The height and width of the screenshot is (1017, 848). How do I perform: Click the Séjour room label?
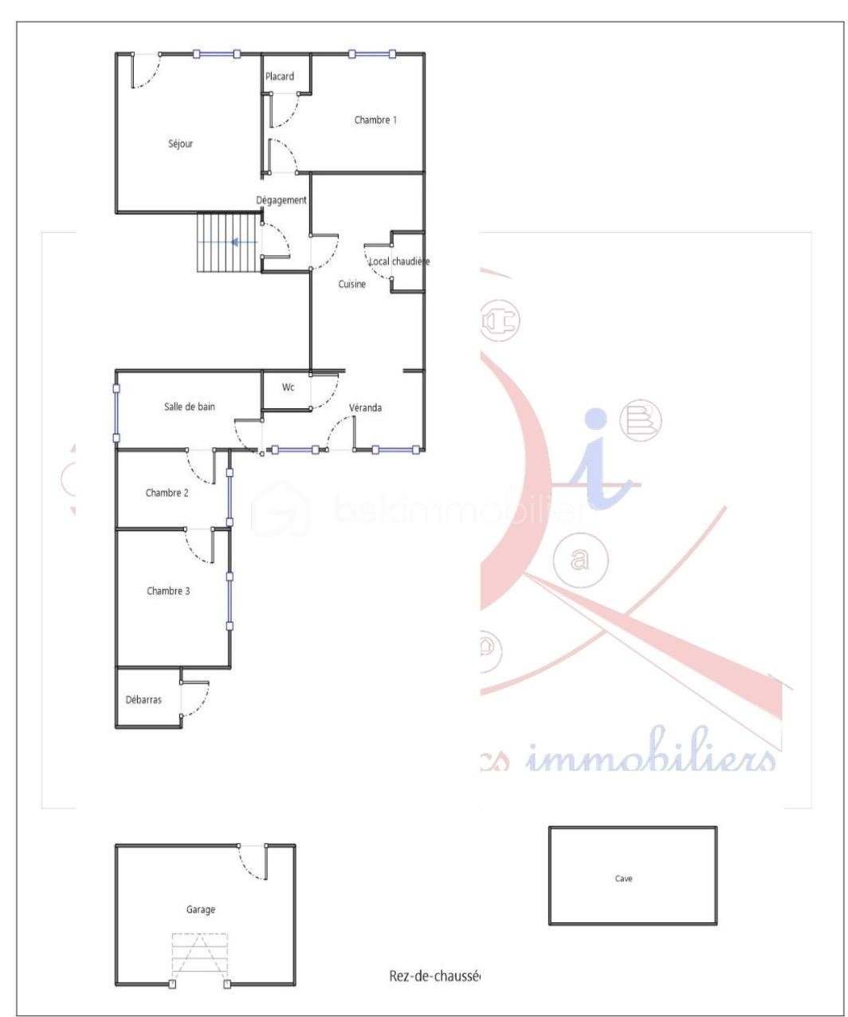coord(181,144)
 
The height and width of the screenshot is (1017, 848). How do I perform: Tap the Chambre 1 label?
coord(375,120)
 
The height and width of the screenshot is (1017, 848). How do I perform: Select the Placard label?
coord(280,77)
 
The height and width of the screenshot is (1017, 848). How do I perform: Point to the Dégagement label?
coord(281,200)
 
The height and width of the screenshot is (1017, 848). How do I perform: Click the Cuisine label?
coord(351,285)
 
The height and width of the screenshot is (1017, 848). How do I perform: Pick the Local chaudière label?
coord(399,261)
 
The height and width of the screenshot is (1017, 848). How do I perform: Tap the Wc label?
coord(289,387)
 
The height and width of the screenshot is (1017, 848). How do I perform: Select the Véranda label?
coord(366,408)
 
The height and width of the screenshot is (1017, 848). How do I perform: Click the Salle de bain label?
coord(190,406)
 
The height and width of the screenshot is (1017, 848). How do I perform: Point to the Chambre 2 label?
coord(167,493)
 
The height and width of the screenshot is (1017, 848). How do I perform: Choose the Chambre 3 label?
coord(168,591)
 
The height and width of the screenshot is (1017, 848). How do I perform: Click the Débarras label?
coord(143,700)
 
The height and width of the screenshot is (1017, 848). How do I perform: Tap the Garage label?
coord(201,909)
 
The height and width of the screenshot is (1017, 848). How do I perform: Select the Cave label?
coord(624,879)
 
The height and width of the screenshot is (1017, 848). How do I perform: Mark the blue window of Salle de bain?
coord(116,414)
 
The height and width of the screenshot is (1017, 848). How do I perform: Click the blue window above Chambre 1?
coord(372,54)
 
